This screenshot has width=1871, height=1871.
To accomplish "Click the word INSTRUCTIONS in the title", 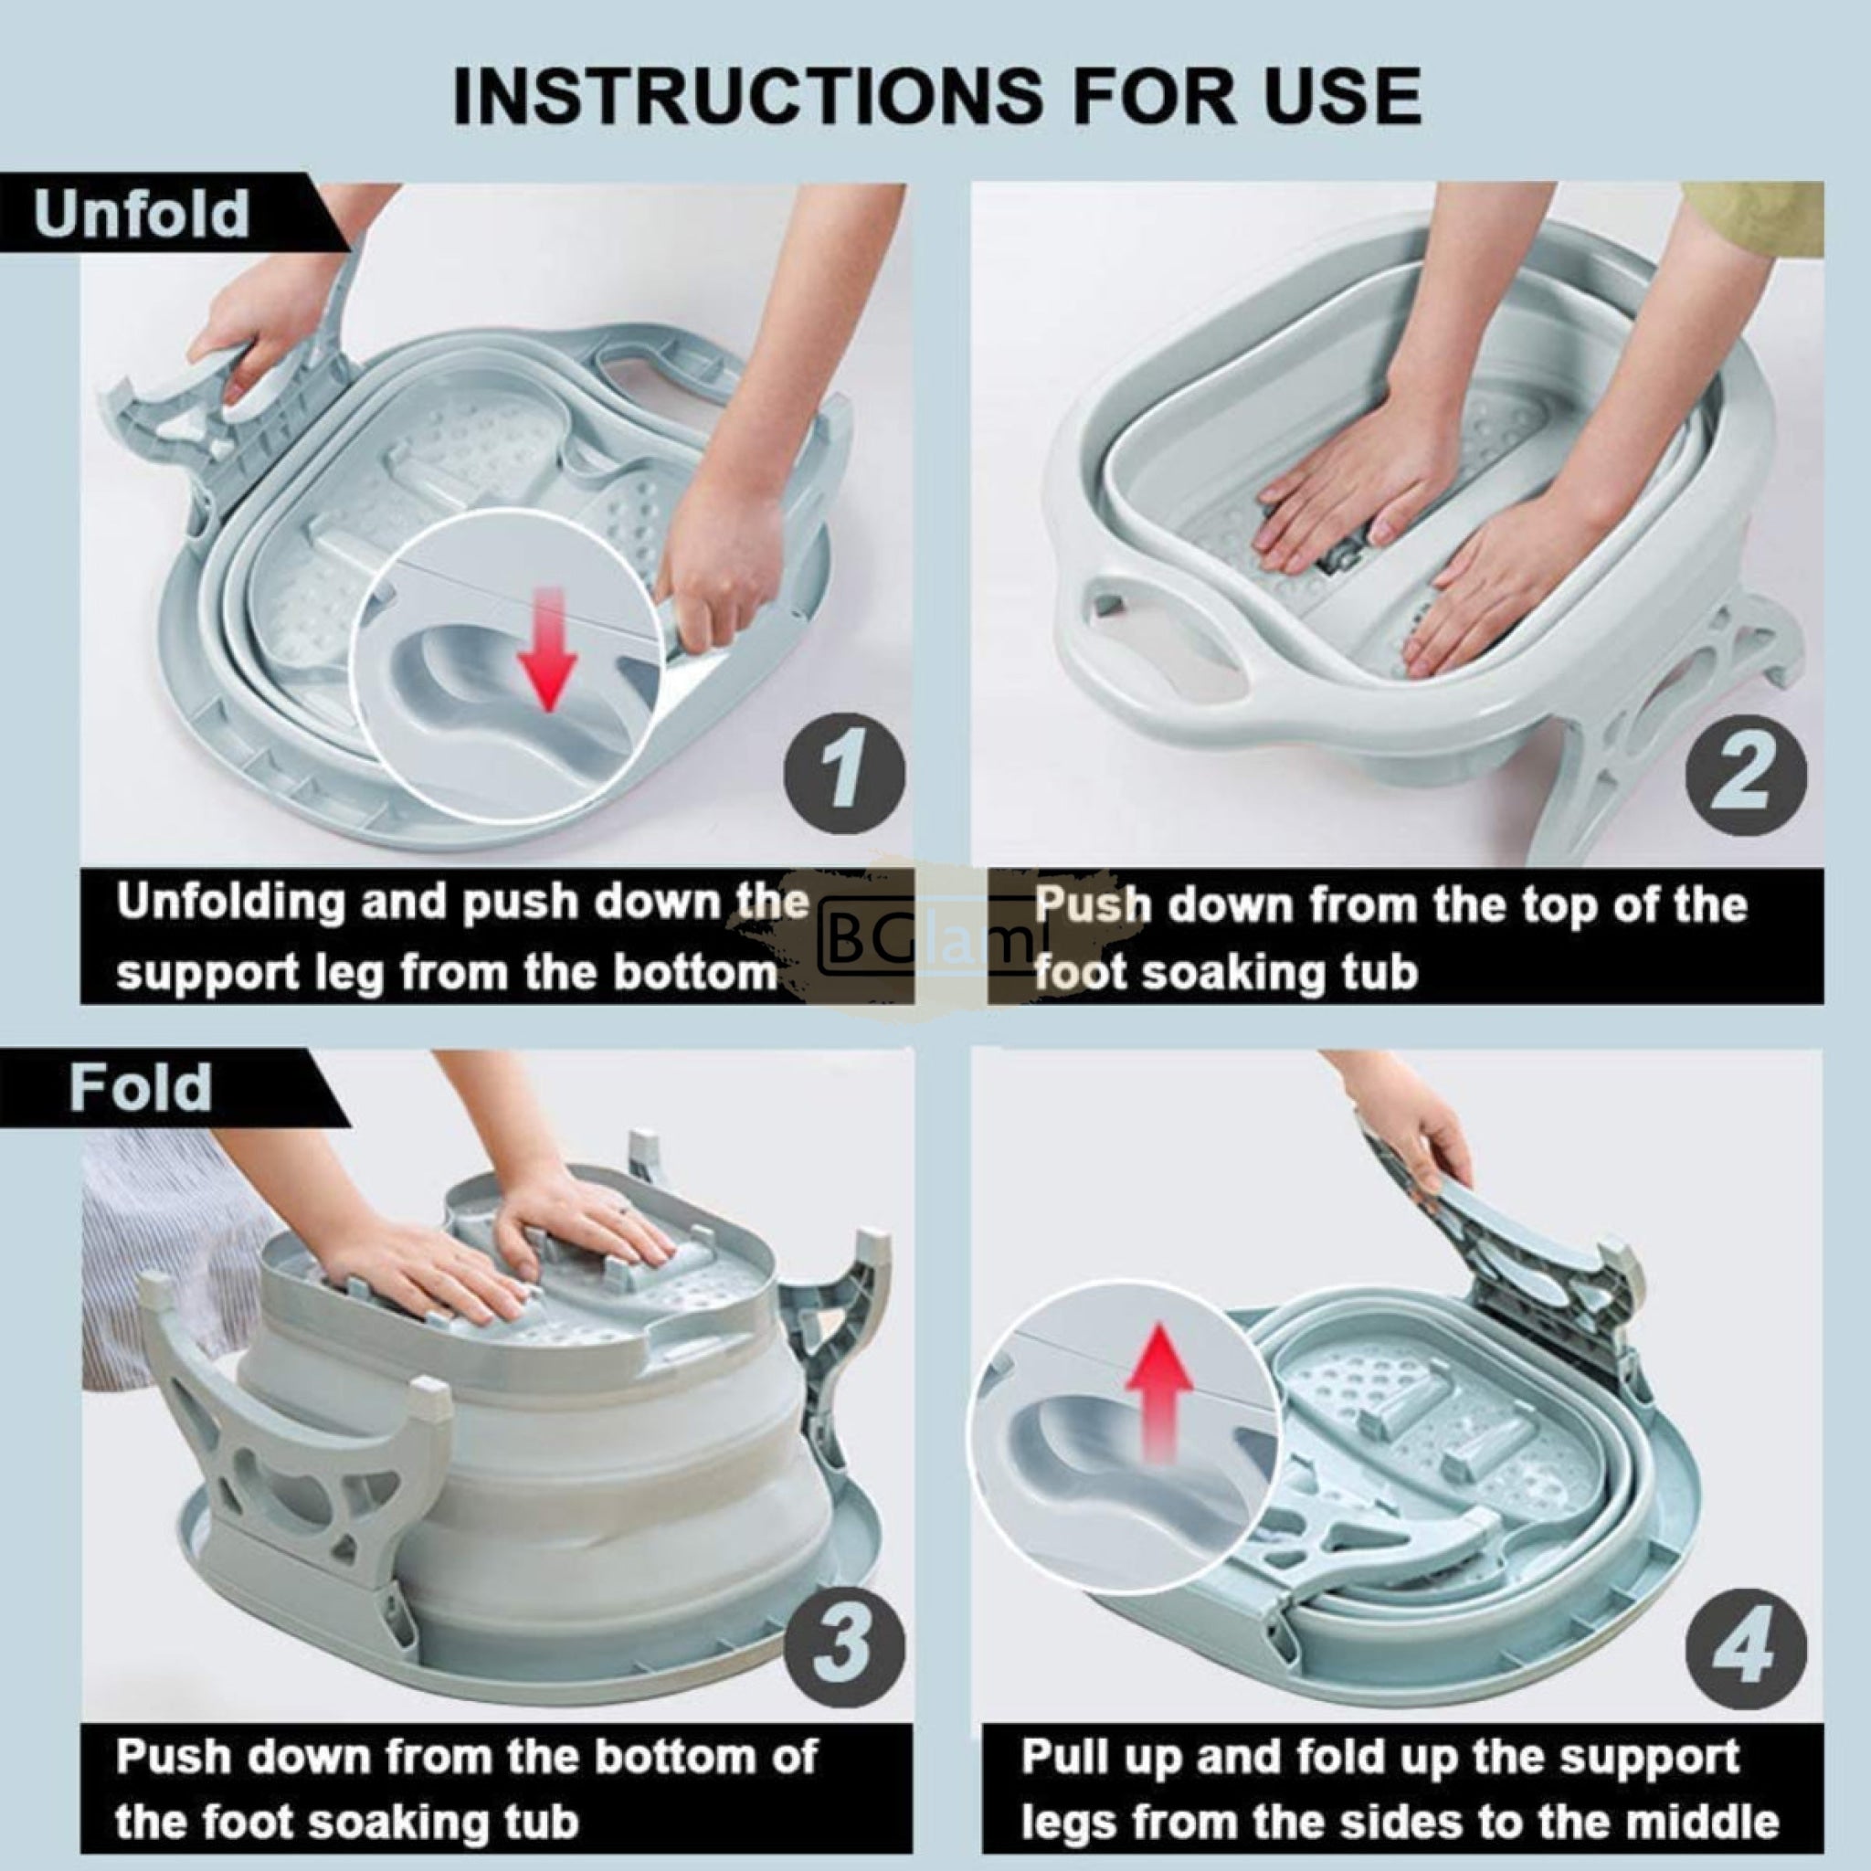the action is tap(746, 97).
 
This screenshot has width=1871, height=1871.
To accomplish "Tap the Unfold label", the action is tap(142, 213).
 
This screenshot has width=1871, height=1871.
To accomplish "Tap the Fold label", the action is tap(141, 1088).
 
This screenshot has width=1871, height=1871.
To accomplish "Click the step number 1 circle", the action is tap(843, 773).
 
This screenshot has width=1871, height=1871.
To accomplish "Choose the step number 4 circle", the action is tap(1746, 1649).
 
